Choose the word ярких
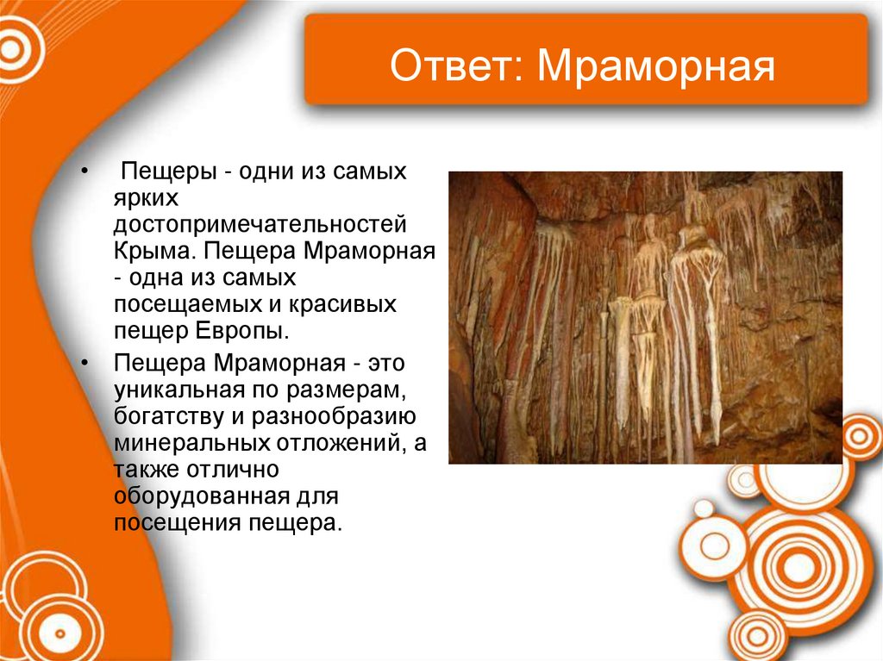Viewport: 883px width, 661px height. coord(145,200)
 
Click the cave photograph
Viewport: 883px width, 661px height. coord(645,317)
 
